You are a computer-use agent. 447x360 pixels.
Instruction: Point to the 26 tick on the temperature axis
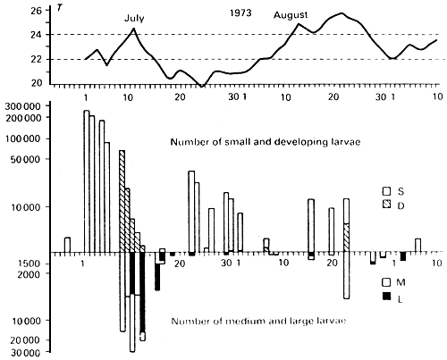[37, 12]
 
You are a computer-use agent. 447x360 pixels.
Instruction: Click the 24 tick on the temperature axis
[37, 35]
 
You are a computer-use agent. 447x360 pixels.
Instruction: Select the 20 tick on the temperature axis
[37, 83]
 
